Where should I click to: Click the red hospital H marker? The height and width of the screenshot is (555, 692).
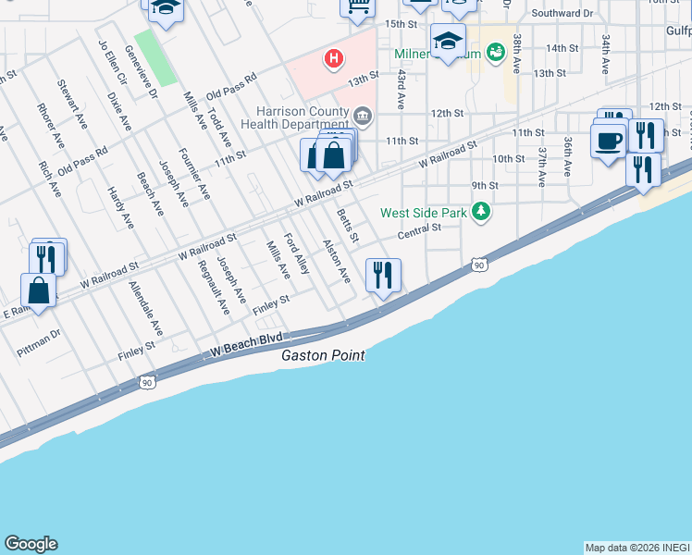click(334, 59)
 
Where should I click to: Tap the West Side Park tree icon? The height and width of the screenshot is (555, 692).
click(480, 213)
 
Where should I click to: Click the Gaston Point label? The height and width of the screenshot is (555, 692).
click(323, 355)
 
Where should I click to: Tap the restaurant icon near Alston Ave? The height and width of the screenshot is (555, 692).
click(381, 275)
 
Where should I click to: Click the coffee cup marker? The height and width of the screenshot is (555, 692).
click(608, 142)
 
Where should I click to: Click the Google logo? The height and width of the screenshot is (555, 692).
click(31, 544)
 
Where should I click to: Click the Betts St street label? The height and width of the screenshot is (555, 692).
click(347, 226)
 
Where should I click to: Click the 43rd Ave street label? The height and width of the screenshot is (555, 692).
click(402, 89)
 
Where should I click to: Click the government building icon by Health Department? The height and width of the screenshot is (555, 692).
click(362, 115)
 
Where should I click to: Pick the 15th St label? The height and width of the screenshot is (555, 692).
click(402, 23)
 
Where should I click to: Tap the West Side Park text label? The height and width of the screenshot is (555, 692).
click(424, 213)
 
